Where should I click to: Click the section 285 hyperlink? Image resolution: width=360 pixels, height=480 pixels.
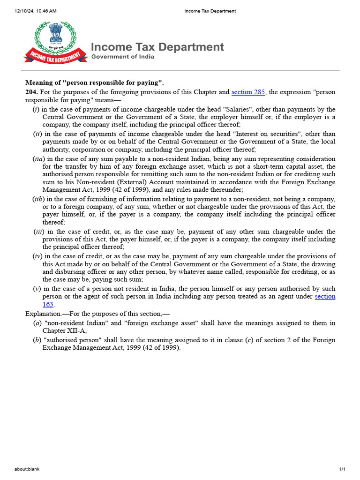(x=248, y=92)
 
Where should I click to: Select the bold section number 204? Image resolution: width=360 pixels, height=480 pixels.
(x=31, y=92)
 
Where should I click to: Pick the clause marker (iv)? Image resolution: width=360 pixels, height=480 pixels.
(x=37, y=256)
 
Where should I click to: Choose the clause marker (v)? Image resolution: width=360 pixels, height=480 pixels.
(x=37, y=289)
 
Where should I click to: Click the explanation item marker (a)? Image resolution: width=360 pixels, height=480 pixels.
(x=37, y=323)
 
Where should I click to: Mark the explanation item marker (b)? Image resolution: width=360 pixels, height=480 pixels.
(x=37, y=340)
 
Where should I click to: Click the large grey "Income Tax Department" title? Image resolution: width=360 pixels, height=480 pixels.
(x=157, y=47)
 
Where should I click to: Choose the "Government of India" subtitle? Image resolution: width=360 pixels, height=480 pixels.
(x=122, y=57)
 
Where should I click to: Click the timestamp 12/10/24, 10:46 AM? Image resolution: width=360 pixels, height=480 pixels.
(x=31, y=11)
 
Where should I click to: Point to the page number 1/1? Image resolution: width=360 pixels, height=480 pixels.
(x=342, y=469)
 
